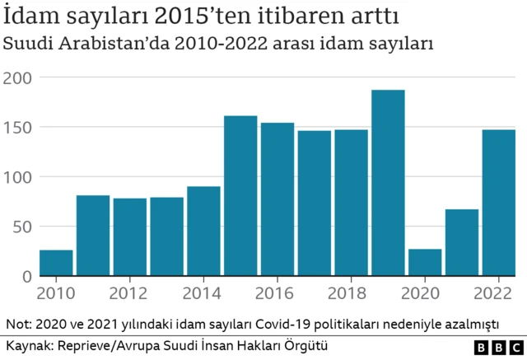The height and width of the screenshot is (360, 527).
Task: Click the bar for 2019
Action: point(388,183)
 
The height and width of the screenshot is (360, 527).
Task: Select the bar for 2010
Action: point(56,263)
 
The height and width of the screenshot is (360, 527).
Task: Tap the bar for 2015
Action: point(240,196)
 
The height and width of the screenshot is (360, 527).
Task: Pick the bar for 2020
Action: point(425,263)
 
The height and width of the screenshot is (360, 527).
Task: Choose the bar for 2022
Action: point(498,203)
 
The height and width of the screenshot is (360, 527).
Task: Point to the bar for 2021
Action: point(462,243)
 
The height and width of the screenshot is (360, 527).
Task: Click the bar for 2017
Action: point(315,203)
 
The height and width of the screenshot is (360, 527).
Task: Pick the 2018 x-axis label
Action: point(351,292)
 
